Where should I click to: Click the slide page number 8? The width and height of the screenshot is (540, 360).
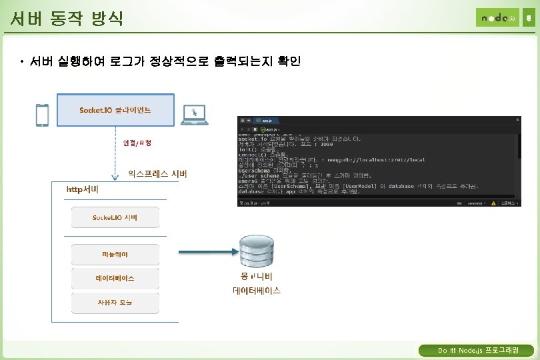click(528, 18)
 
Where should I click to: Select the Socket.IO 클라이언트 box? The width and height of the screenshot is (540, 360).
click(115, 109)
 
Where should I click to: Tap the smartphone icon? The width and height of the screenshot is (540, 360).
click(42, 115)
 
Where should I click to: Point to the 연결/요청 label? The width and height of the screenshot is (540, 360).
click(137, 143)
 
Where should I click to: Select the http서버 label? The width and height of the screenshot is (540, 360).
click(83, 189)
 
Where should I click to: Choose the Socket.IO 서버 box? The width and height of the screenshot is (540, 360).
click(115, 218)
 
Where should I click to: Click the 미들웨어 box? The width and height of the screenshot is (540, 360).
click(115, 254)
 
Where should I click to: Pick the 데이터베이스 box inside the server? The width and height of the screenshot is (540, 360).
click(115, 278)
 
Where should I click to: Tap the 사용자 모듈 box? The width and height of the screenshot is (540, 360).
click(115, 302)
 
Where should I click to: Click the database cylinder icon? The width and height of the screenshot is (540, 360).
click(257, 251)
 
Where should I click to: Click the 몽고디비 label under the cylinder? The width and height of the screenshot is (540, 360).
click(257, 276)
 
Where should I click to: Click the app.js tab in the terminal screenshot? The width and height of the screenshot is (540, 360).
click(267, 121)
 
